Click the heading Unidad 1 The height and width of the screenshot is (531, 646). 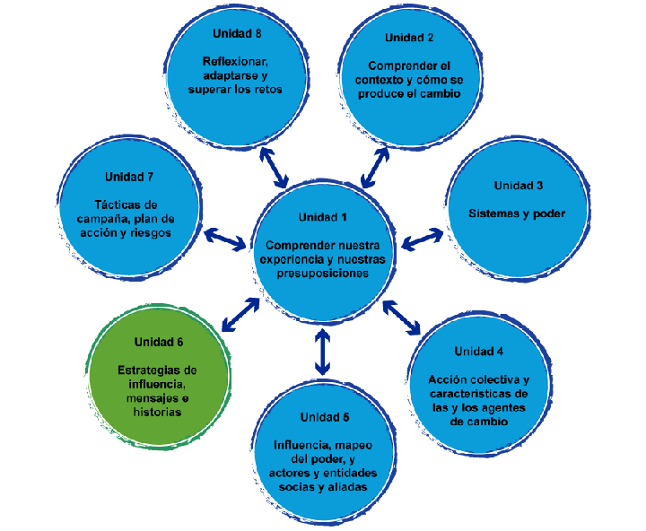click(322, 217)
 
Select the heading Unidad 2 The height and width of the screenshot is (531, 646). click(409, 38)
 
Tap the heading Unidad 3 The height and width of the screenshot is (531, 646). click(518, 186)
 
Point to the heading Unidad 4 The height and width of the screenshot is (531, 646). click(478, 351)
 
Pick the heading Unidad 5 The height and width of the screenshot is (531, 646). click(325, 417)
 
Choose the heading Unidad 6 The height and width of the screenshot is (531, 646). click(159, 342)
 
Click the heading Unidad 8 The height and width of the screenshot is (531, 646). click(237, 33)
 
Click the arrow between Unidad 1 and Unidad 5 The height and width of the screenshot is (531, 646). click(323, 352)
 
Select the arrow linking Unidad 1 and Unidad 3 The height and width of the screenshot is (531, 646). click(423, 239)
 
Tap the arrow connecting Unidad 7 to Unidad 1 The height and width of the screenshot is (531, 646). click(224, 239)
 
